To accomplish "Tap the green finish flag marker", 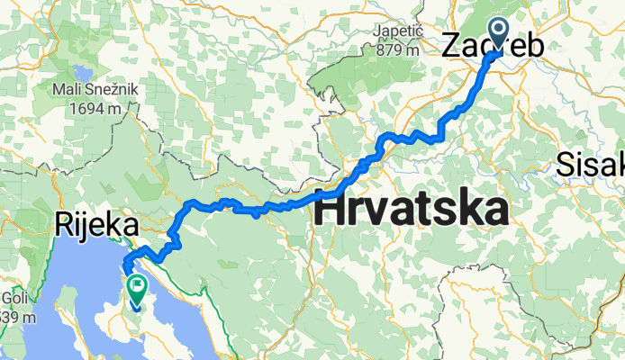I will pyautogui.click(x=137, y=291).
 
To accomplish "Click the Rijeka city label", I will pyautogui.click(x=97, y=224).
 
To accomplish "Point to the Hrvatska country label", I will pyautogui.click(x=409, y=211).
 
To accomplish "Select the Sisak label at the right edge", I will pyautogui.click(x=590, y=165).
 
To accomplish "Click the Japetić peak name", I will pyautogui.click(x=397, y=34).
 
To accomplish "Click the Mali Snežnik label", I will pyautogui.click(x=100, y=91).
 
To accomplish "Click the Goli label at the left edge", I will pyautogui.click(x=14, y=300).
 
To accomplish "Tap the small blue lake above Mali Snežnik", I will pyautogui.click(x=81, y=71).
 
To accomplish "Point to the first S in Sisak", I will pyautogui.click(x=565, y=165).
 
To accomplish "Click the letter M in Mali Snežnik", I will pyautogui.click(x=58, y=91).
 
